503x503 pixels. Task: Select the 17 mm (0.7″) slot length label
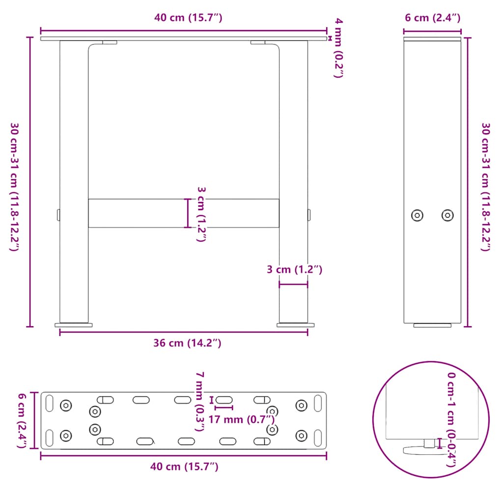[241, 419]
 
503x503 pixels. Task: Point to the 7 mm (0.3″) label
[199, 401]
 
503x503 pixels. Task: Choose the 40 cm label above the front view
[189, 18]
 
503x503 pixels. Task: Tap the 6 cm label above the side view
[432, 18]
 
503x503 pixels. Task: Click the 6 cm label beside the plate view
[22, 420]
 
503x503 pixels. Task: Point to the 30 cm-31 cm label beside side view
[485, 187]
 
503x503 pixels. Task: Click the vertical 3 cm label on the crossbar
[200, 214]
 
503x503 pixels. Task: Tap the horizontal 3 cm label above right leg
[294, 269]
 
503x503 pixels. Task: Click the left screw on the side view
[418, 215]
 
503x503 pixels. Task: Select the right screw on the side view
[447, 215]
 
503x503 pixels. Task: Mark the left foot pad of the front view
[74, 325]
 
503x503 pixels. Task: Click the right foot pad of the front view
[296, 325]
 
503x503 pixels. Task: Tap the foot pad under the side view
[432, 325]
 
